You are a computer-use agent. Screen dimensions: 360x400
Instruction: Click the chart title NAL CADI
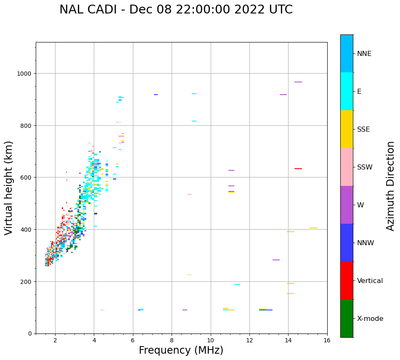tap(176, 10)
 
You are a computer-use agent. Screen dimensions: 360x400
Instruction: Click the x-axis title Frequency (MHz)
tap(181, 350)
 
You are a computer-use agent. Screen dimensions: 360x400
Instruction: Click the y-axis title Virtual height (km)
tap(9, 188)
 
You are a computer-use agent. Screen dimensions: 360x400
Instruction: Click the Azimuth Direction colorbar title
tap(391, 186)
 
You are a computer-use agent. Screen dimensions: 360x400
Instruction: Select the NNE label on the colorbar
tap(364, 53)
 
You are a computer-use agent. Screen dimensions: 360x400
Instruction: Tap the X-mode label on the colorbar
tap(370, 319)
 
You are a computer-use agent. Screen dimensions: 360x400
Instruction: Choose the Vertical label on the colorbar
tap(370, 281)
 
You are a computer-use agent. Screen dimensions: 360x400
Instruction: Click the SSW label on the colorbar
tap(365, 167)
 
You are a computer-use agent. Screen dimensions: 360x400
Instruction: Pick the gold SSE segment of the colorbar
tap(347, 129)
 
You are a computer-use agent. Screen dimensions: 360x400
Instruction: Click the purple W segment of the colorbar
tap(347, 205)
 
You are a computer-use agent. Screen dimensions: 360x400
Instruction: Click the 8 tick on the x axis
tap(172, 340)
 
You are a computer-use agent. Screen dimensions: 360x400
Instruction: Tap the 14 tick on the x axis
tap(288, 340)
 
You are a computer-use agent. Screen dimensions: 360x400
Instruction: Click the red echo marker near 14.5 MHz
tap(298, 169)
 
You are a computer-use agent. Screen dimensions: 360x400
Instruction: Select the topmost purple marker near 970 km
tap(298, 82)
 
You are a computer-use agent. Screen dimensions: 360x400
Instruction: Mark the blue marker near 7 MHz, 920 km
tap(156, 95)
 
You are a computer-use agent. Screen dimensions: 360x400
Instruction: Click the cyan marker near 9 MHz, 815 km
tap(194, 121)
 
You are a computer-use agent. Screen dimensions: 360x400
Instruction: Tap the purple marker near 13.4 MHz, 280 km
tap(276, 260)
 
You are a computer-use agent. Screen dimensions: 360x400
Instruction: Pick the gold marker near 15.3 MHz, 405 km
tap(313, 228)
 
